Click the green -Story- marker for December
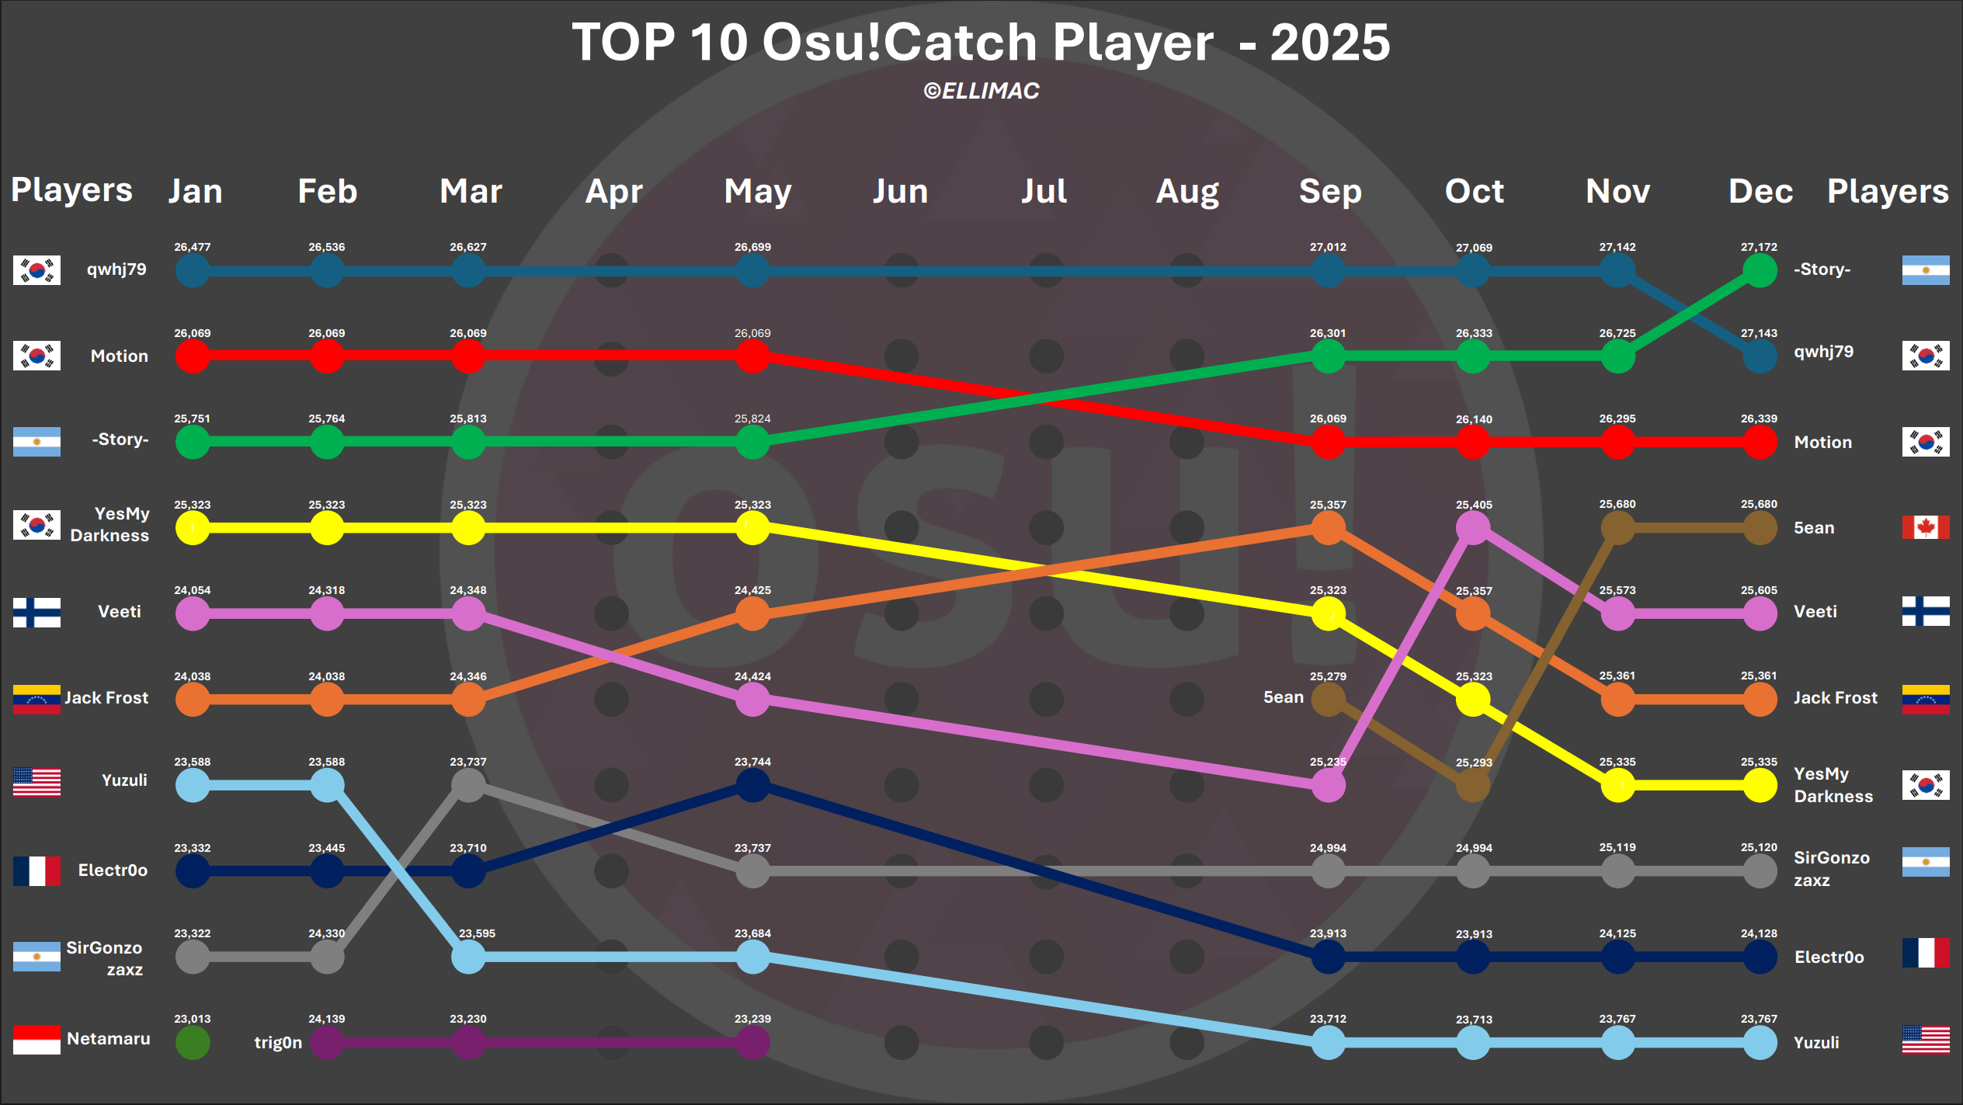pyautogui.click(x=1760, y=271)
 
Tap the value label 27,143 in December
pyautogui.click(x=1759, y=333)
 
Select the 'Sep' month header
pyautogui.click(x=1330, y=191)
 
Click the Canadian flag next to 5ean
pyautogui.click(x=1925, y=527)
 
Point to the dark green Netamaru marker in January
pyautogui.click(x=193, y=1043)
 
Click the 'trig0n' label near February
pyautogui.click(x=278, y=1042)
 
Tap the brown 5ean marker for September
pyautogui.click(x=1328, y=700)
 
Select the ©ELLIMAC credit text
pyautogui.click(x=981, y=91)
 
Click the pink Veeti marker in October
pyautogui.click(x=1473, y=528)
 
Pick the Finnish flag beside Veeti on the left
pyautogui.click(x=36, y=612)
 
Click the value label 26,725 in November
pyautogui.click(x=1617, y=333)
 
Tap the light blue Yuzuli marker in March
pyautogui.click(x=468, y=957)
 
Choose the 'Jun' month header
pyautogui.click(x=900, y=191)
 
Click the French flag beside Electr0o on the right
pyautogui.click(x=1925, y=953)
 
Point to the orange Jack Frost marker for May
pyautogui.click(x=752, y=614)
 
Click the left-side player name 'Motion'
pyautogui.click(x=119, y=356)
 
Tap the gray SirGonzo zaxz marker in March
pyautogui.click(x=468, y=786)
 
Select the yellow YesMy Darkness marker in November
pyautogui.click(x=1617, y=786)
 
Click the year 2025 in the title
pyautogui.click(x=1329, y=42)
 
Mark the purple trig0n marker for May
pyautogui.click(x=752, y=1043)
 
